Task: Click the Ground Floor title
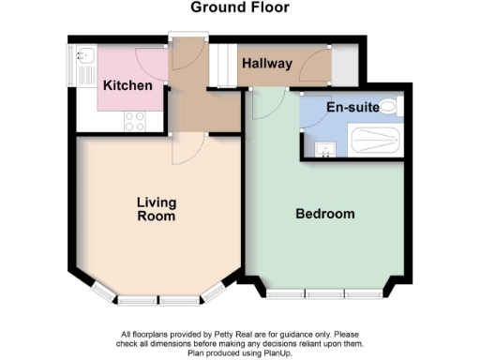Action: point(240,7)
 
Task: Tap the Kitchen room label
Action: point(127,85)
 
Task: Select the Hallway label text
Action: point(267,64)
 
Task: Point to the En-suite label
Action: point(352,108)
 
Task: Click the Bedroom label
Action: point(325,214)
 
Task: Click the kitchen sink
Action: point(81,62)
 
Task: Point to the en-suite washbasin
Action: point(324,148)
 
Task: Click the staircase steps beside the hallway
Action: point(223,65)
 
